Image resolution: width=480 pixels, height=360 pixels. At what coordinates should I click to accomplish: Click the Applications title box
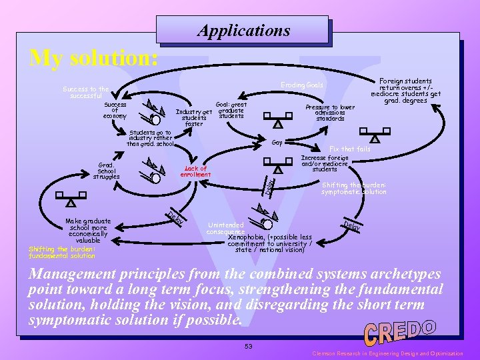pos(243,31)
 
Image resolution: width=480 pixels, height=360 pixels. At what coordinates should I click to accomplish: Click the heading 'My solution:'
pos(94,58)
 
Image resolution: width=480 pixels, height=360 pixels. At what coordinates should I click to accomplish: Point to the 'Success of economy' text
pos(115,111)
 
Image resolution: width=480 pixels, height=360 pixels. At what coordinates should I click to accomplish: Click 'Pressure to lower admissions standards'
pos(329,113)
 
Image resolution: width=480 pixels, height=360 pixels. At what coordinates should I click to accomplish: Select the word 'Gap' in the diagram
pos(277,143)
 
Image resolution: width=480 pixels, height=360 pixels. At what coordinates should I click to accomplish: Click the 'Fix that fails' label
pos(350,149)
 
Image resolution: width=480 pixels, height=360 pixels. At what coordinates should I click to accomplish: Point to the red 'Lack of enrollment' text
pos(195,172)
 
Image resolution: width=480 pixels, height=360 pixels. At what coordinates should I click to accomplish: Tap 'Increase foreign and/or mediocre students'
pos(325,163)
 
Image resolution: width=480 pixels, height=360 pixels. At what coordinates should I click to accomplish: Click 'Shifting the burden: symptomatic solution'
pos(353,189)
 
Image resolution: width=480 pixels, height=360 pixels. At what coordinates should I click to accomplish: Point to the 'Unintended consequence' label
pos(225,228)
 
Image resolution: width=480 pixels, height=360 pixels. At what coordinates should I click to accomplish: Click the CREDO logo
pos(400,331)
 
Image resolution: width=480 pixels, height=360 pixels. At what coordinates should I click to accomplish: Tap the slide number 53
pos(248,346)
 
